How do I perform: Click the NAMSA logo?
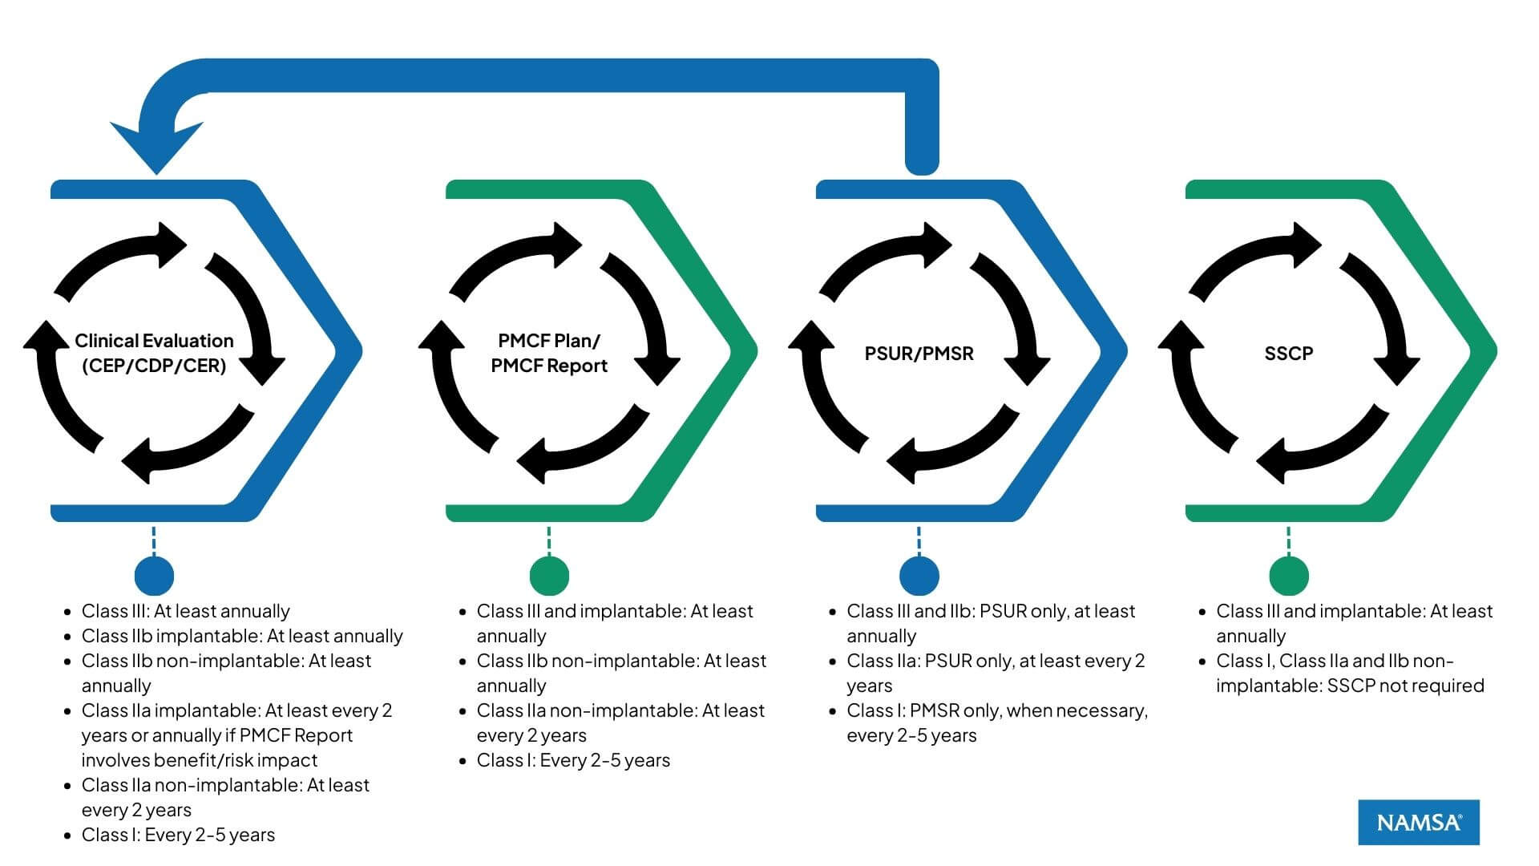[x=1418, y=822]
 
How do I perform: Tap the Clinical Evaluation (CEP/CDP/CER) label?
[x=154, y=353]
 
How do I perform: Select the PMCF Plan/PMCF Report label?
[x=549, y=353]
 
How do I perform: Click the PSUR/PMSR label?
[x=919, y=354]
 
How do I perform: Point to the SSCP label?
[x=1288, y=354]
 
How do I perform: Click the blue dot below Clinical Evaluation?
[x=154, y=575]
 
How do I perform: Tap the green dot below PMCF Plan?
[x=549, y=575]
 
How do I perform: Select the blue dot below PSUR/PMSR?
[x=919, y=575]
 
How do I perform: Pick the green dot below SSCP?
[x=1288, y=575]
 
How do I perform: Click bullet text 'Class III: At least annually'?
[x=185, y=611]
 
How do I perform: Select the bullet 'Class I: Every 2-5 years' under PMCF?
[x=572, y=760]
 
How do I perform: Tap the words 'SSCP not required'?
[x=1405, y=686]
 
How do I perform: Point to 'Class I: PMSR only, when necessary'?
[x=996, y=710]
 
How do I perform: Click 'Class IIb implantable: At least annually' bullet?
[x=241, y=636]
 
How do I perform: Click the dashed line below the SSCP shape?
[x=1288, y=541]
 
